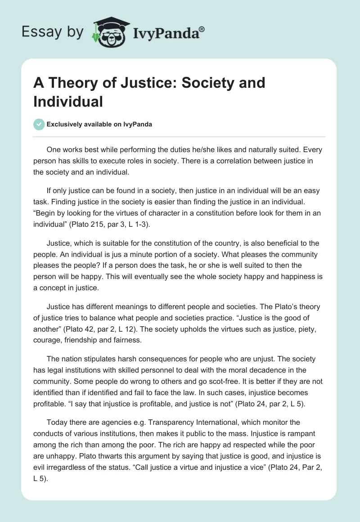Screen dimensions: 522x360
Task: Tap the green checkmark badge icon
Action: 39,125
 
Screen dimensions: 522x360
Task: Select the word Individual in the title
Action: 68,101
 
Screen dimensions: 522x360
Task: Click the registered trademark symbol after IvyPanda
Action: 202,29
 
